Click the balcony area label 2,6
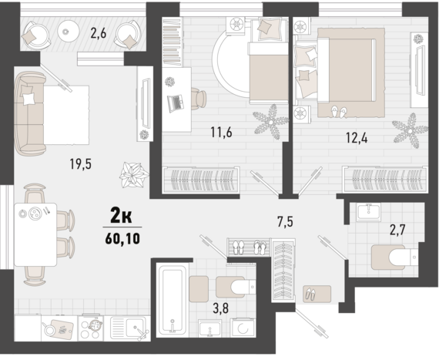[98, 32]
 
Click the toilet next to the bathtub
[232, 288]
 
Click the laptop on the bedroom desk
[176, 100]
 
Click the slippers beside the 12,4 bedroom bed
[338, 113]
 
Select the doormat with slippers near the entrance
[314, 293]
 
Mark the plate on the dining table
[34, 215]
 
